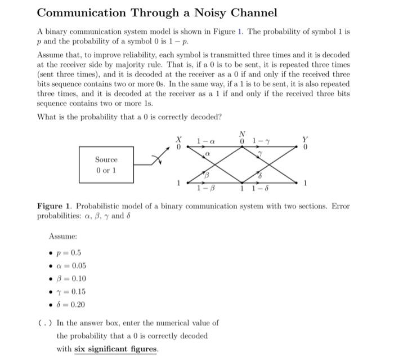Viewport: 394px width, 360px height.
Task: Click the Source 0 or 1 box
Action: (x=106, y=164)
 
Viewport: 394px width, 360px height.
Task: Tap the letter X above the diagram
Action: (x=180, y=138)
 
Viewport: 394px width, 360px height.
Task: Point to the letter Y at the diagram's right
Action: (x=305, y=138)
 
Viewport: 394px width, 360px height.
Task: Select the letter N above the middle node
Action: (x=242, y=134)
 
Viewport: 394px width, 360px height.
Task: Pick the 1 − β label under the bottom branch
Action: (x=205, y=189)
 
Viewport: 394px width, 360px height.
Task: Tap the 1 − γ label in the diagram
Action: (x=261, y=140)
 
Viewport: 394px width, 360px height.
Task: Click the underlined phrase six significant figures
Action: (x=116, y=349)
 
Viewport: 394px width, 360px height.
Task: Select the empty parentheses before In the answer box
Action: (x=42, y=323)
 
